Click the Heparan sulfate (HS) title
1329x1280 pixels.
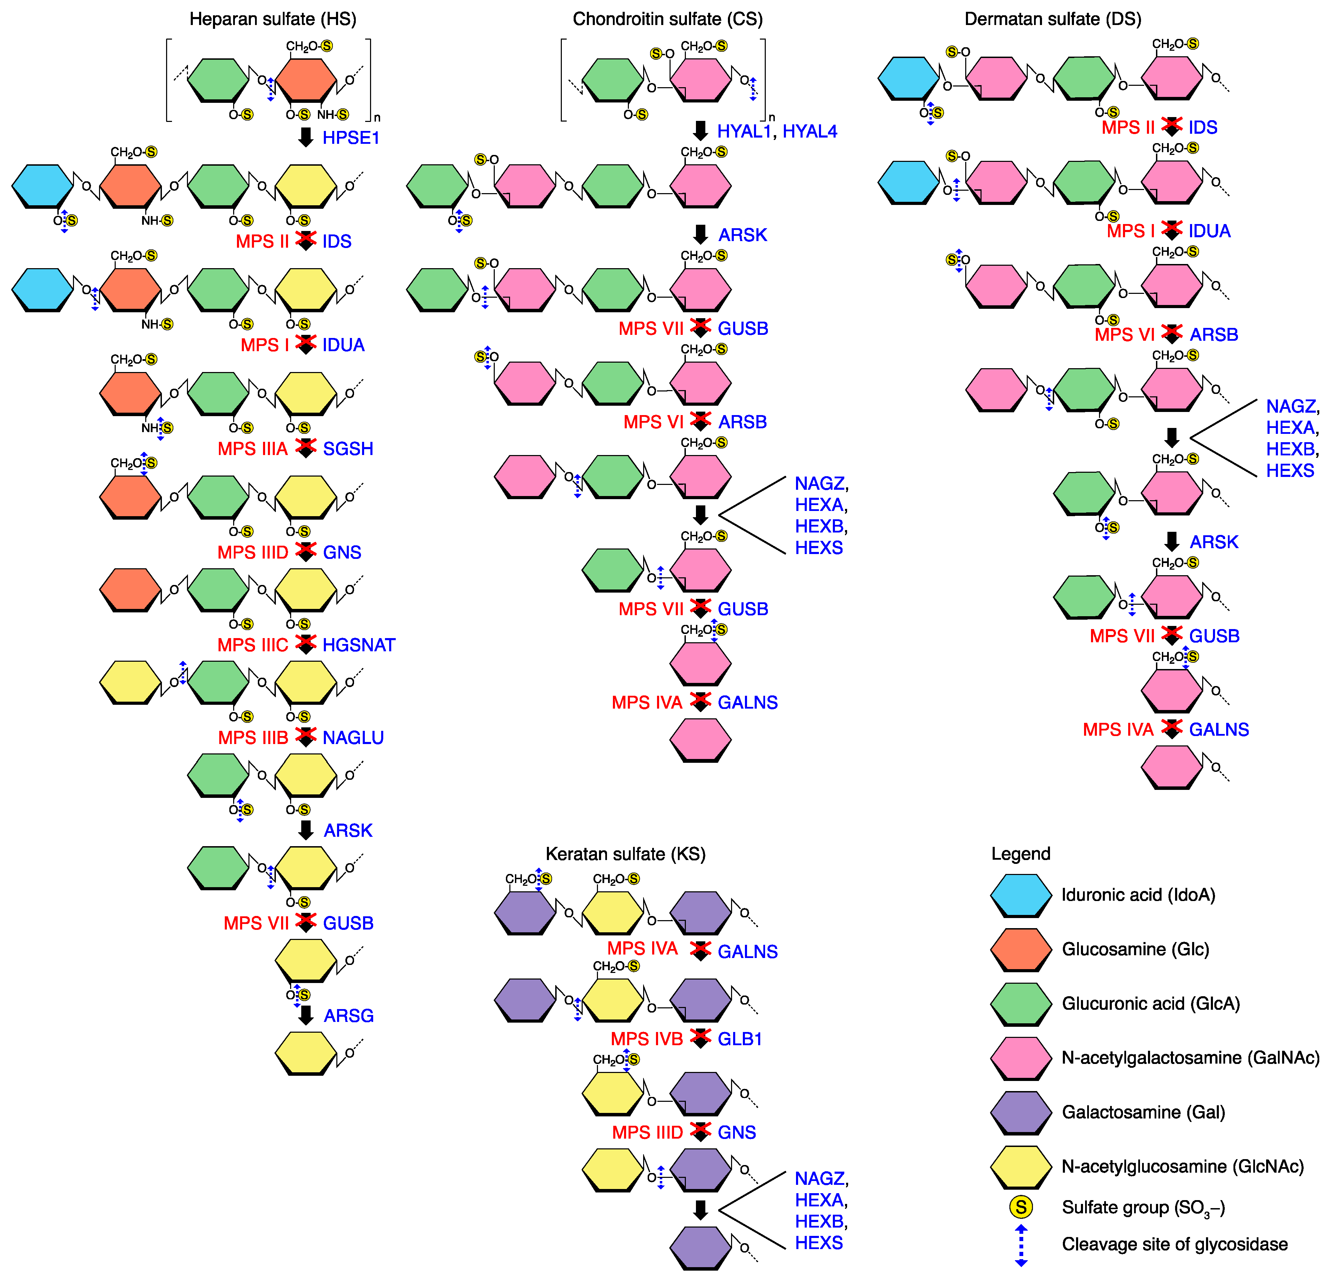[273, 19]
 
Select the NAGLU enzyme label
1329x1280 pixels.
[353, 738]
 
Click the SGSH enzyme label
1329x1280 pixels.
[348, 449]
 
